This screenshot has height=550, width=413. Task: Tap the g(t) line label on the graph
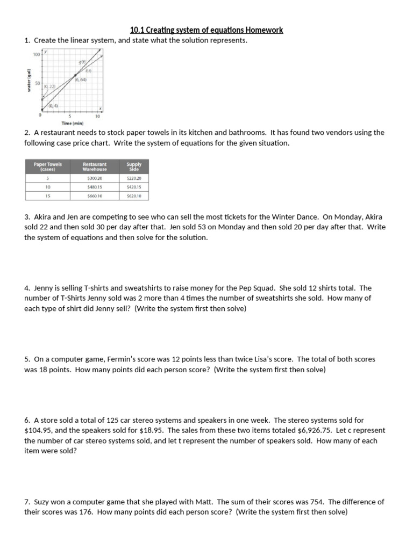click(x=81, y=63)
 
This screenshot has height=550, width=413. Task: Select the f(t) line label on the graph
click(x=89, y=70)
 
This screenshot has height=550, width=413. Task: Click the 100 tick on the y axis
click(x=36, y=55)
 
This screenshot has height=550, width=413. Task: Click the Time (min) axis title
click(x=73, y=124)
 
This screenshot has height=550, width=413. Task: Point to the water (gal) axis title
click(x=30, y=81)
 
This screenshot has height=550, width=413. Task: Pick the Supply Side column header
click(x=134, y=167)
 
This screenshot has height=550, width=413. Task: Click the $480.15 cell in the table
click(x=95, y=187)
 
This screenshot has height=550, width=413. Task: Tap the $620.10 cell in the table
click(x=134, y=196)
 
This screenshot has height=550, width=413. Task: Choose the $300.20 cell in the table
click(x=95, y=178)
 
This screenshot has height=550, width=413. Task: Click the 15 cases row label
click(x=48, y=196)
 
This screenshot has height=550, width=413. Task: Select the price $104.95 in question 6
click(x=41, y=431)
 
